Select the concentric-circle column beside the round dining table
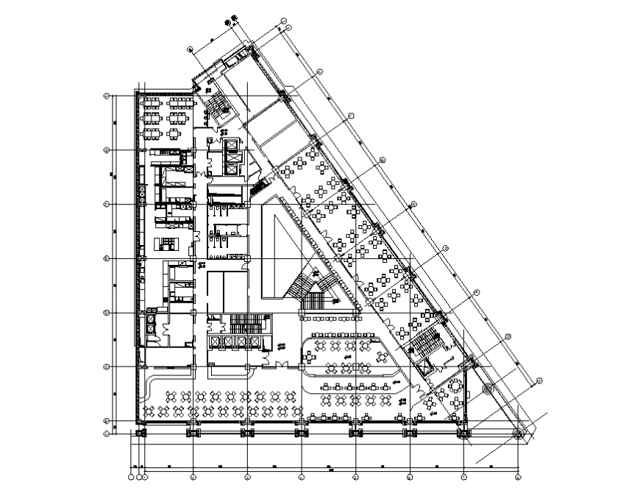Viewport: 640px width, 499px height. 487,388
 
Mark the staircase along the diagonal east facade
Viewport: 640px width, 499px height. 424,343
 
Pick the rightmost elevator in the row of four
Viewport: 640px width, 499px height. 255,342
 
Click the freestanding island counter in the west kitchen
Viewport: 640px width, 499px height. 166,243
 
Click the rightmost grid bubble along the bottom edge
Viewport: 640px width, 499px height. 519,477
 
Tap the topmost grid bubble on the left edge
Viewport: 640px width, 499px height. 107,96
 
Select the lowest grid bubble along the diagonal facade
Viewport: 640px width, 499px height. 539,381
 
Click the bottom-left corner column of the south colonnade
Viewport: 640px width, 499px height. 142,433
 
